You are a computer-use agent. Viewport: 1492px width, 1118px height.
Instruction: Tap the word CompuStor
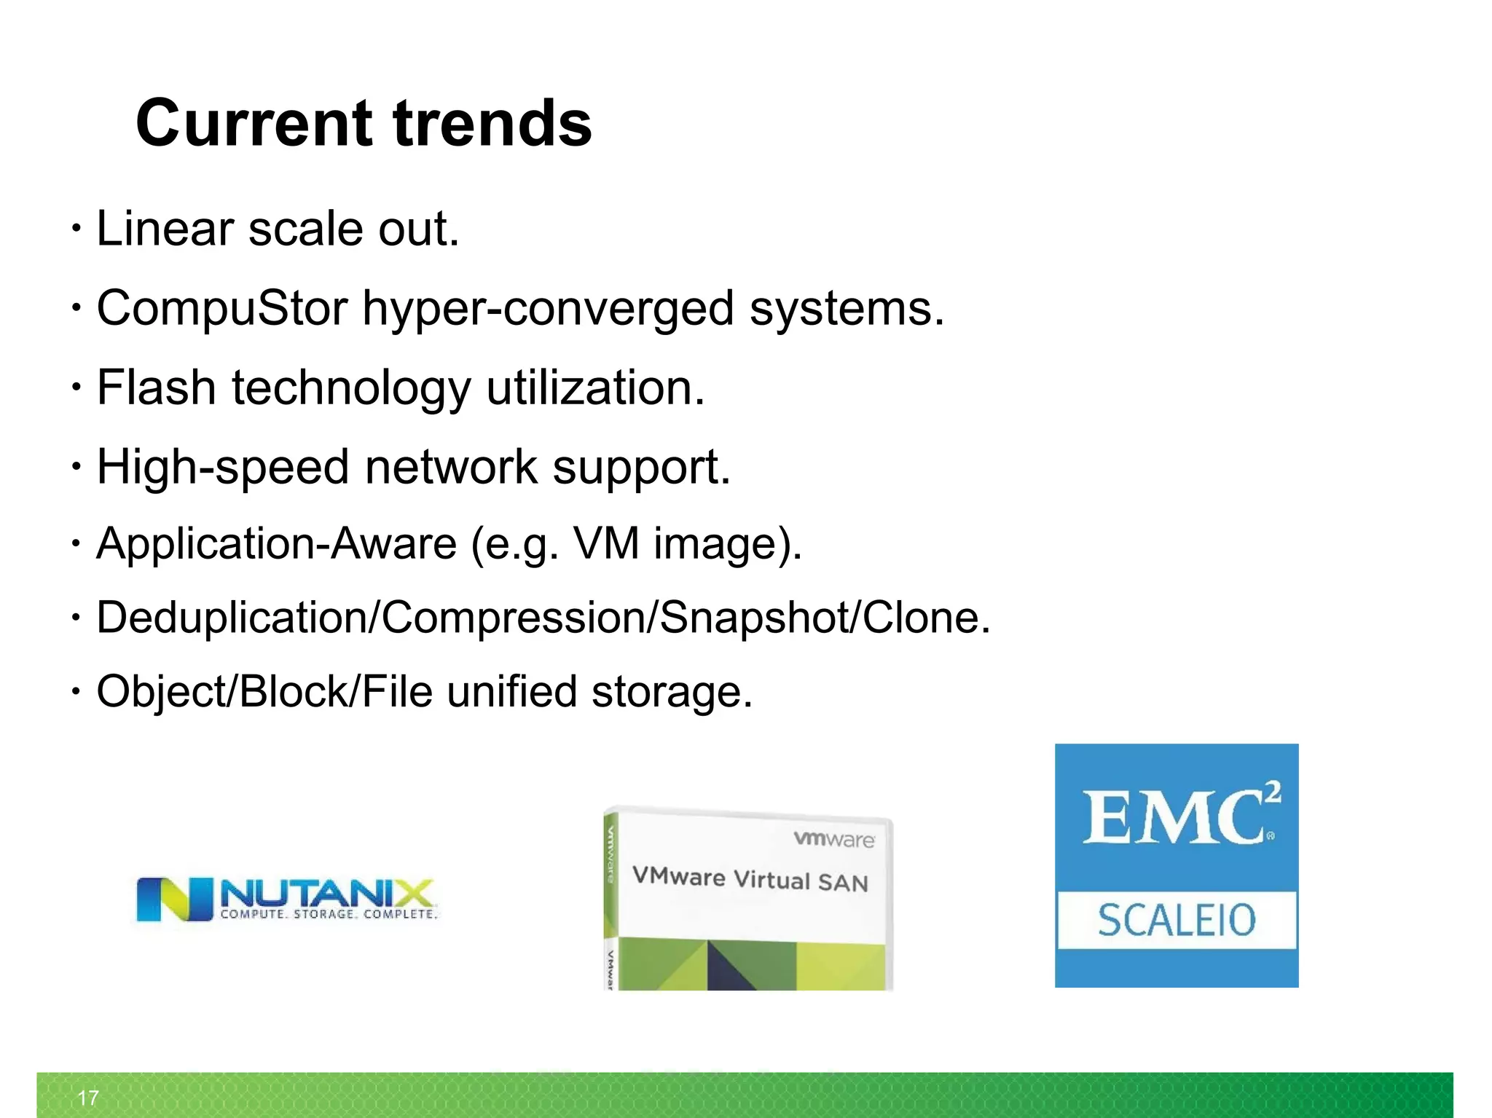222,308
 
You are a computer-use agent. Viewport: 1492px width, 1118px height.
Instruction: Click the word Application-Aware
276,544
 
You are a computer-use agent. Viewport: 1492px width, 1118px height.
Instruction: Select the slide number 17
88,1098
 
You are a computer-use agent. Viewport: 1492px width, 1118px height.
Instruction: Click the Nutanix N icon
175,899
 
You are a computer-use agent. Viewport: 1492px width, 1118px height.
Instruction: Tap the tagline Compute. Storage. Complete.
329,914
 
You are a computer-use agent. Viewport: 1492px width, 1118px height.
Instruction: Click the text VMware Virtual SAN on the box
750,879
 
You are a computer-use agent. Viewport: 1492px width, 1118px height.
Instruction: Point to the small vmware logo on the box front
834,839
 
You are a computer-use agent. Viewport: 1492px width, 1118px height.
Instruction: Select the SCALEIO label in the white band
1177,920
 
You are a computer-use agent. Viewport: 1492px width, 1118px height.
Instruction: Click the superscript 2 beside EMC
1272,792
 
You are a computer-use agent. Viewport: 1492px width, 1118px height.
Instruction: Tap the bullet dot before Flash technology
76,387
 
